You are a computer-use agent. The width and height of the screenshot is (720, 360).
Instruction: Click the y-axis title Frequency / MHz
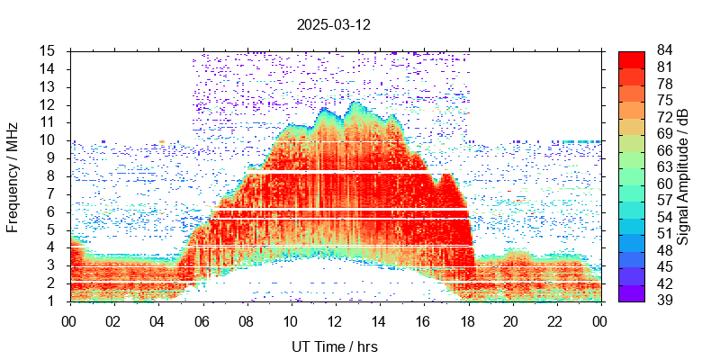13,175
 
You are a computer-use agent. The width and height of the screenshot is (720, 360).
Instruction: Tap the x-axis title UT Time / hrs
334,346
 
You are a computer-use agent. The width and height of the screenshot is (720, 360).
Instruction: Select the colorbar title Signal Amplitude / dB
683,175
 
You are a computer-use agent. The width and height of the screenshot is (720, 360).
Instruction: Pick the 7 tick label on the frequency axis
53,193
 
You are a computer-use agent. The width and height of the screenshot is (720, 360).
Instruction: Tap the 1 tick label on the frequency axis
53,301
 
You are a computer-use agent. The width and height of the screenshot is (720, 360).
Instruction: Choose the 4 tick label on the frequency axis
53,247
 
